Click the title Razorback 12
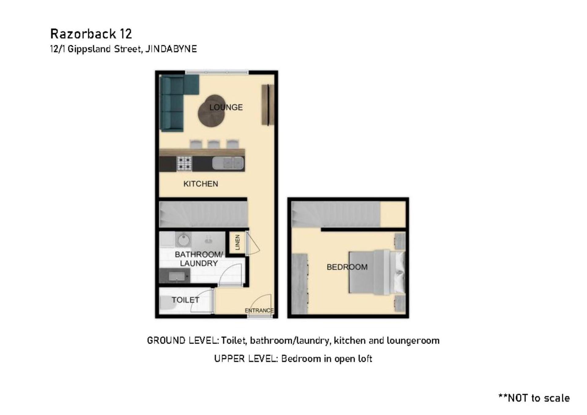[91, 34]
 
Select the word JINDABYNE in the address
[171, 49]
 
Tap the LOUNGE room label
[226, 107]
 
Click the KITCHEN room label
[201, 184]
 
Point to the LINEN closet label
[238, 242]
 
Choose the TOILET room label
[185, 300]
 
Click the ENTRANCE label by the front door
[259, 310]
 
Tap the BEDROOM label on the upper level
[347, 267]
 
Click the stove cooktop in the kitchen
[184, 163]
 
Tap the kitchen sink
[228, 163]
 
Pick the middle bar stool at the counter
[214, 144]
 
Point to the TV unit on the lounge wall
[268, 105]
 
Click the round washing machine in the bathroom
[183, 240]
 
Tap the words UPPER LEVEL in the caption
[246, 358]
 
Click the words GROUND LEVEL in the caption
[183, 340]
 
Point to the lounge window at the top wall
[217, 72]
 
